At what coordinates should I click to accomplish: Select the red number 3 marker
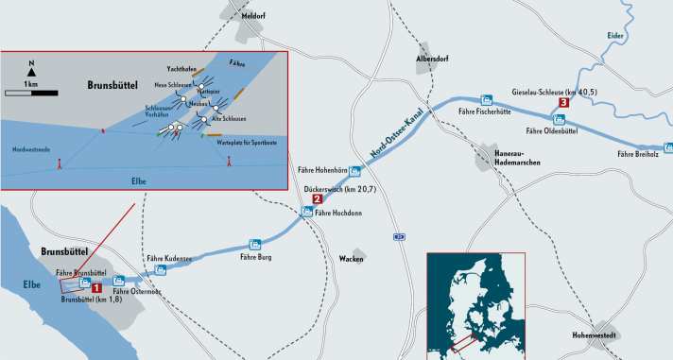tap(563, 102)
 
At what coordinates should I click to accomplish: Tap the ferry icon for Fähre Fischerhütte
tap(486, 99)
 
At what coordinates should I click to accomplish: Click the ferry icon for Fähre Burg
tap(254, 244)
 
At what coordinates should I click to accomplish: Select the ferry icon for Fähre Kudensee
tap(161, 269)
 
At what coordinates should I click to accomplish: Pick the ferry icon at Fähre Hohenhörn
tap(354, 171)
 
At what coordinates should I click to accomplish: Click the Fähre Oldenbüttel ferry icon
tap(560, 120)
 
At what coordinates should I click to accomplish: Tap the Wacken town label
tap(352, 257)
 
